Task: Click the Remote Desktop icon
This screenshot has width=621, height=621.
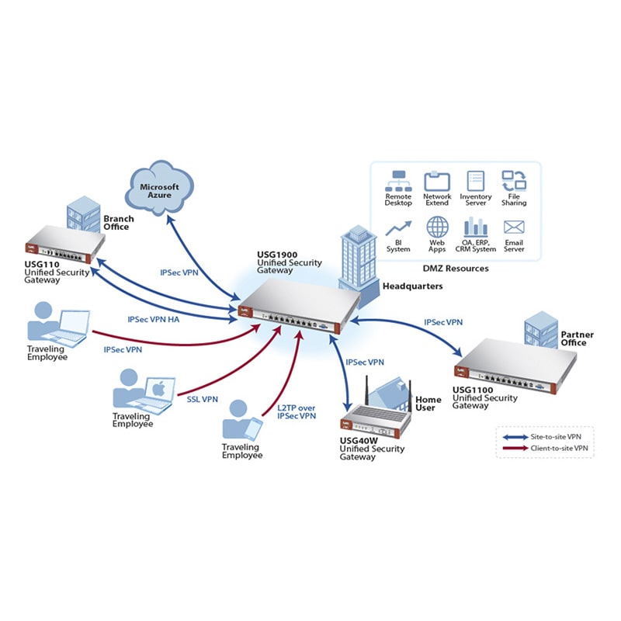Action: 398,182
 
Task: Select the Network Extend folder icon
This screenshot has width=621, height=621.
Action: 437,182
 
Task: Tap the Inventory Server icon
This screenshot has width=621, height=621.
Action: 475,182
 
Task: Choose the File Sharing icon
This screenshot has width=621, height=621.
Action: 513,182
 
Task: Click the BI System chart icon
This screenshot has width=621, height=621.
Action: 398,228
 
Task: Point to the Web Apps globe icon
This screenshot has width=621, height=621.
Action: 437,228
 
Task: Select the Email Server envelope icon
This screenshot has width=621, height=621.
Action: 513,227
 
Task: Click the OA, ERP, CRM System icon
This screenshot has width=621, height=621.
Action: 475,227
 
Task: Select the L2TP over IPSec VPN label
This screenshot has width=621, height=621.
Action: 297,411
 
